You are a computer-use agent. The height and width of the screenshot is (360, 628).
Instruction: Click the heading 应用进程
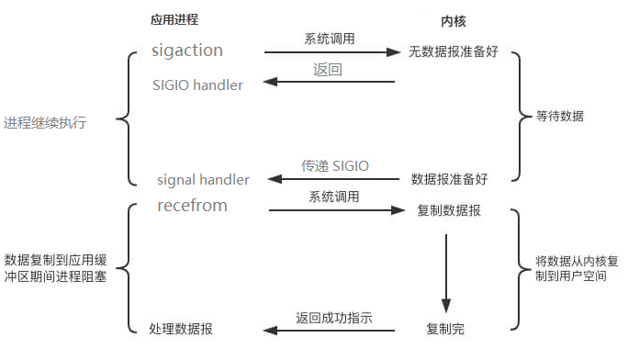tap(174, 19)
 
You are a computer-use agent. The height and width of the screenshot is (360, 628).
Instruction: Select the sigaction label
tap(187, 51)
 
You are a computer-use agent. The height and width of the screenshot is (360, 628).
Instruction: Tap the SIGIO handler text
tap(197, 85)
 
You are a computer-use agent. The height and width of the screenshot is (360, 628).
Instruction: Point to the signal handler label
tap(203, 180)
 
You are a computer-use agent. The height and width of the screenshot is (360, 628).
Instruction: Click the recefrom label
tap(192, 206)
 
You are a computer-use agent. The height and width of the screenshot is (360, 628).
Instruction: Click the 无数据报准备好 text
tap(453, 52)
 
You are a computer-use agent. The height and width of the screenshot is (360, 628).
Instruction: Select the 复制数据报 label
tap(448, 210)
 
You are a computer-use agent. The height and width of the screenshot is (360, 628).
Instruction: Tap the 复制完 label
tap(445, 328)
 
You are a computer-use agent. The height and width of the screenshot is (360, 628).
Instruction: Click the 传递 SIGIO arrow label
tap(335, 165)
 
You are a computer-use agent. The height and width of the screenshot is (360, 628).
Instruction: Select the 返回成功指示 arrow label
tap(334, 317)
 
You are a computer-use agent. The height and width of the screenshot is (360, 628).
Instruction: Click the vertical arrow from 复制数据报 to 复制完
tap(445, 271)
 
